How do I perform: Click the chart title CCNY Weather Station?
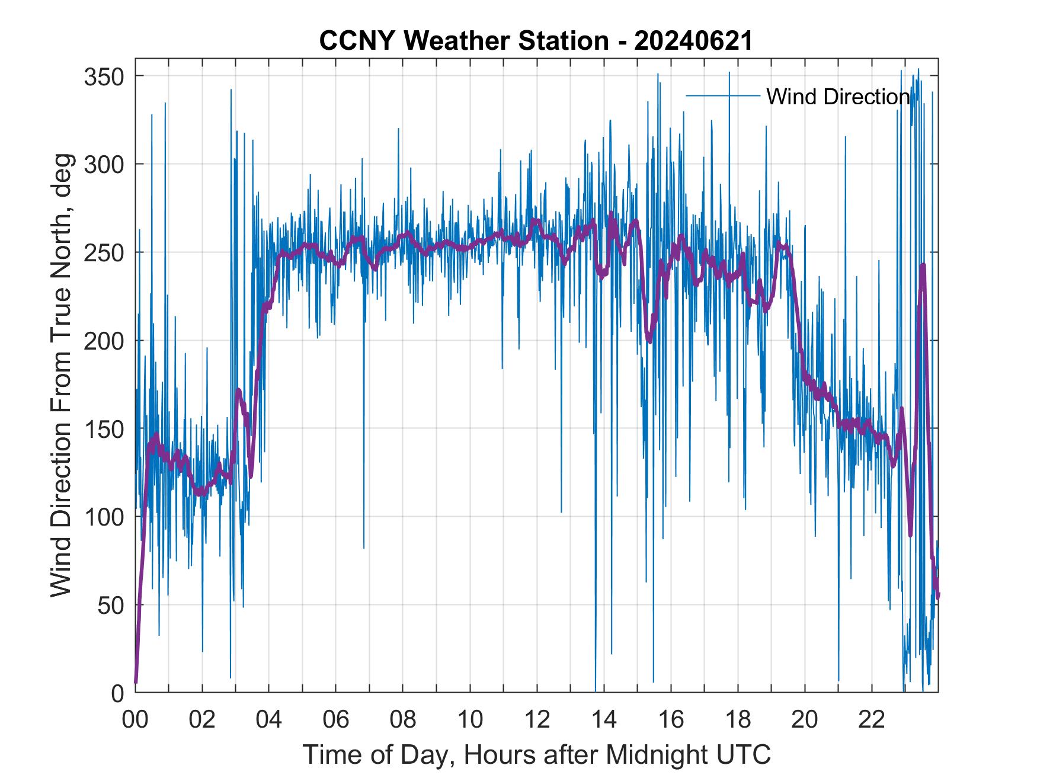[463, 41]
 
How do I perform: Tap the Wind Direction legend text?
[838, 97]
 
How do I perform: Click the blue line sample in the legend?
[723, 95]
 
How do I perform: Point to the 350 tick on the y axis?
[104, 76]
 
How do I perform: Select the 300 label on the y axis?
[104, 164]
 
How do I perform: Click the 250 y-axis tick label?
[104, 252]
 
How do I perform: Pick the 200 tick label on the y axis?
[104, 341]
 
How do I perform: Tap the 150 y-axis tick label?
[104, 428]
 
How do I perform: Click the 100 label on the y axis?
[104, 517]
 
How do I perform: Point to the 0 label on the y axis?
[117, 693]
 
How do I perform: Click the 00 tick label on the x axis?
[135, 720]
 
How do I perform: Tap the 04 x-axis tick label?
[269, 720]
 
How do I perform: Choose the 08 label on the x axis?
[403, 720]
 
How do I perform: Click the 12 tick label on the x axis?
[537, 720]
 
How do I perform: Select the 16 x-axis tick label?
[671, 720]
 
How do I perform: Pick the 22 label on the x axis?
[872, 720]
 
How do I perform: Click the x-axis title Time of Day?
[536, 755]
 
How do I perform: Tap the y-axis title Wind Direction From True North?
[61, 375]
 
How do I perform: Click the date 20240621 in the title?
[693, 41]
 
